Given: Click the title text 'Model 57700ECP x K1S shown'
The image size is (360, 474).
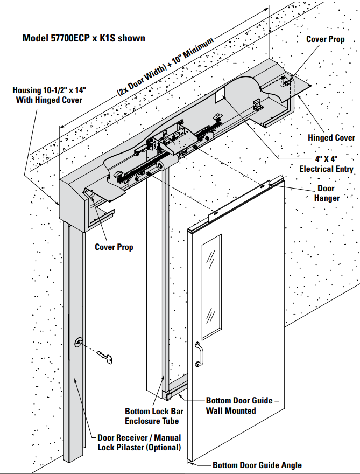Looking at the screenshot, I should point(83,38).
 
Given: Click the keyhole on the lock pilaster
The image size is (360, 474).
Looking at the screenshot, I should point(80,342).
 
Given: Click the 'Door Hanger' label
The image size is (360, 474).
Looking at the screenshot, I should point(328,193).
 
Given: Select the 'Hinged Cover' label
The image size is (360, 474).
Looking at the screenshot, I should point(331,138).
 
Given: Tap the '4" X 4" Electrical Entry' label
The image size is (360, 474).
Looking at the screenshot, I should point(326,164).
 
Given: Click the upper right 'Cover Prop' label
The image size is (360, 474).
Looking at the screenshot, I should point(326,39).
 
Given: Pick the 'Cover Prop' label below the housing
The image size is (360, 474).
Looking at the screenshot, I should point(114,247).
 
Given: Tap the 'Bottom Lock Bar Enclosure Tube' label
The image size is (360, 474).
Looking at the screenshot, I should point(151,415).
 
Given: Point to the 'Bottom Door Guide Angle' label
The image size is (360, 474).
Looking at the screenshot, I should point(257,465).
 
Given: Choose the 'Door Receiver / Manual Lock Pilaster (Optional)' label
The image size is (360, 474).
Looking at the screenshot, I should point(139,442).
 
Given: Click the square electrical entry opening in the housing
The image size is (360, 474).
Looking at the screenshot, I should point(219,97).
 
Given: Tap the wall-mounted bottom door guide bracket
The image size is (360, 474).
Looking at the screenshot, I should point(171,396).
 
